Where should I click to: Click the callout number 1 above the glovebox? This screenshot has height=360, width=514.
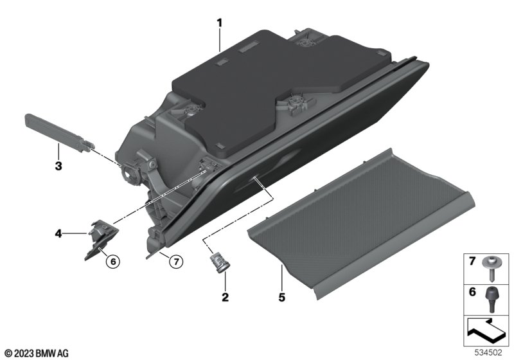click(219, 23)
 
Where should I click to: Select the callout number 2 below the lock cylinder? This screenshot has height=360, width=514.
click(225, 297)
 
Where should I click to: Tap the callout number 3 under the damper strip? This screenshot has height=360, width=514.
click(58, 166)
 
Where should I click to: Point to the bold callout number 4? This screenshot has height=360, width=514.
click(58, 234)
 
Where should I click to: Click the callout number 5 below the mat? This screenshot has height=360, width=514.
click(282, 297)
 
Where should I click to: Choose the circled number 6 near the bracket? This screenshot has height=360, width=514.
click(113, 261)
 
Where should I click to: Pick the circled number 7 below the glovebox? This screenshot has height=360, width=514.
click(176, 261)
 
